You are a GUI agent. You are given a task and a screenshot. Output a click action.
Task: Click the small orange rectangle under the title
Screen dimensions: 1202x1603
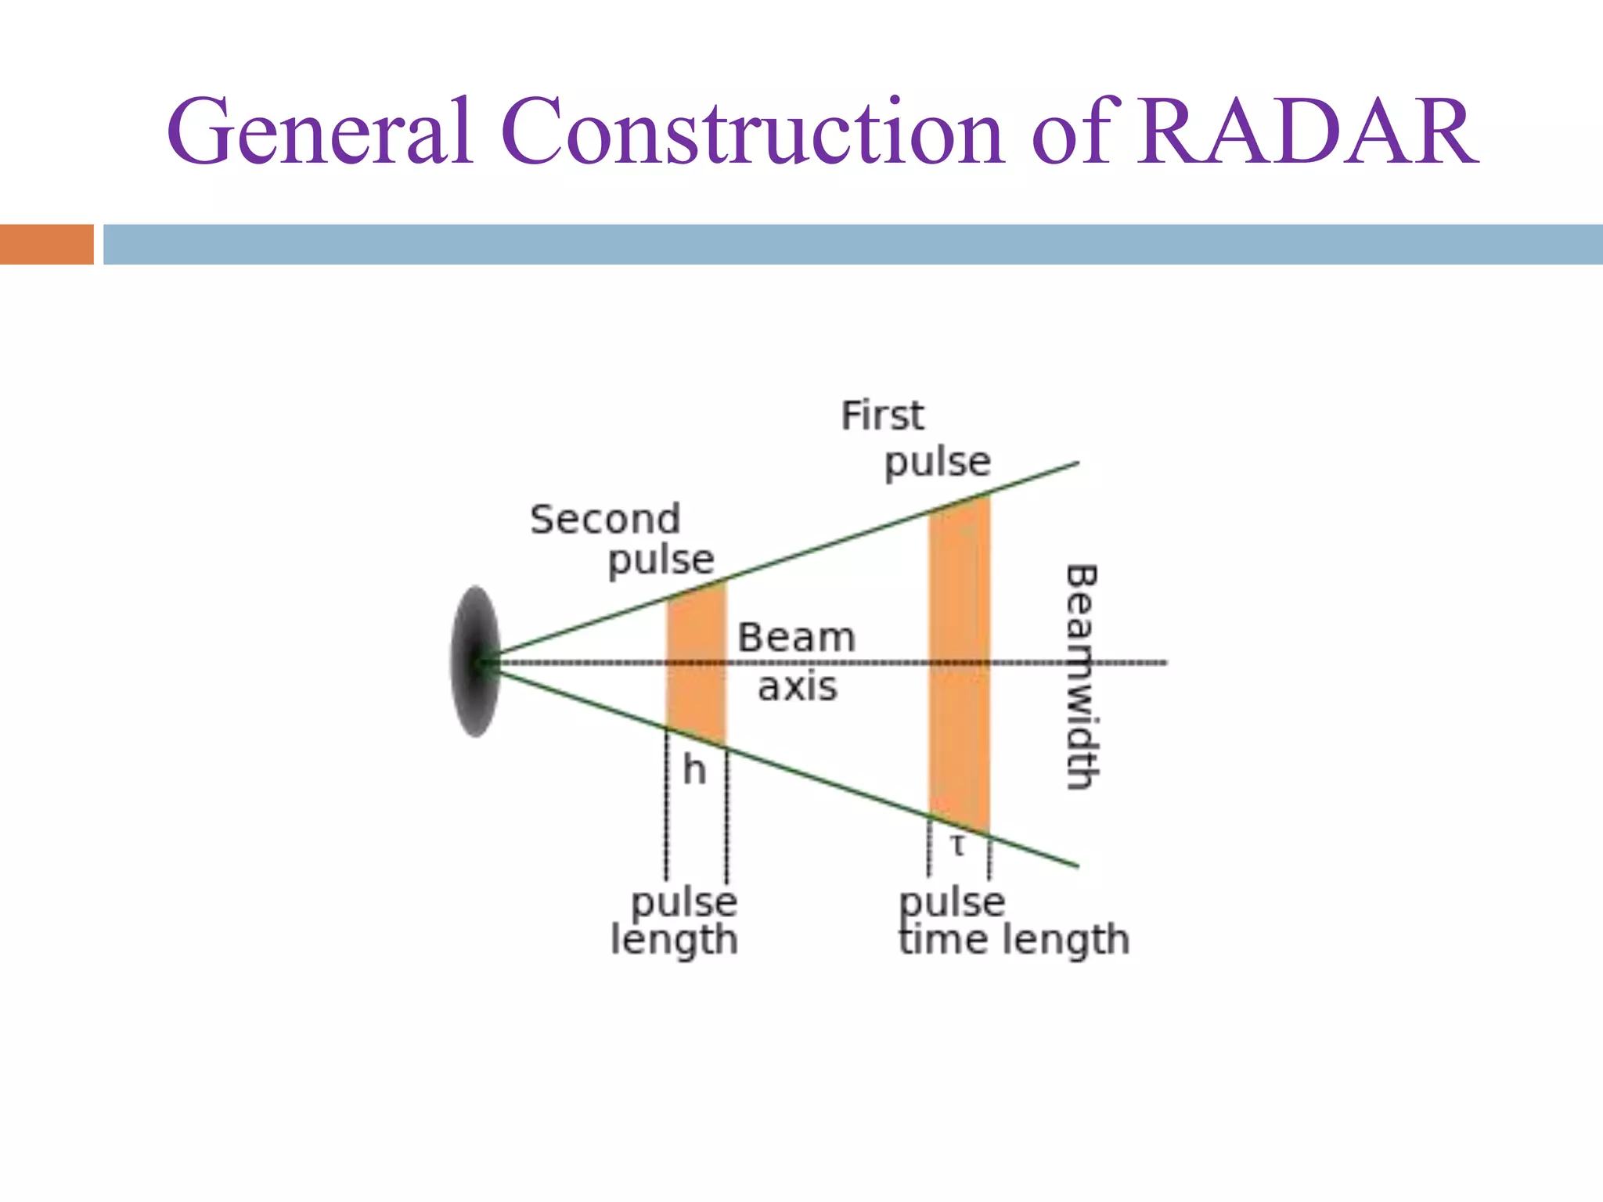(46, 244)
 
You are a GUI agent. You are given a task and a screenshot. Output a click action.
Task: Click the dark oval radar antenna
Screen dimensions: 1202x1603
(475, 661)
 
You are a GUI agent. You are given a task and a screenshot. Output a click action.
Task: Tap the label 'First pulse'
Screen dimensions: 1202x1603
(916, 438)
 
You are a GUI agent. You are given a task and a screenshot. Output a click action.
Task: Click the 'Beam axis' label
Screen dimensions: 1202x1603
(797, 661)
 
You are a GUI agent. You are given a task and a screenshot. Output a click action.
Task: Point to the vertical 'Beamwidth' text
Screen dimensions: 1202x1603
(1082, 677)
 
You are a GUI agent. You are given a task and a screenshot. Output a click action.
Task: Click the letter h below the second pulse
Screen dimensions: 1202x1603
(694, 771)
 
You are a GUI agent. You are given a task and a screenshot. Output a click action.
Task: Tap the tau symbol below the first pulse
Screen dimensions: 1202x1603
(958, 846)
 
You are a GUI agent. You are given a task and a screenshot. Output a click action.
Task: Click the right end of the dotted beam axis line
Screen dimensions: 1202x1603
(1163, 663)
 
